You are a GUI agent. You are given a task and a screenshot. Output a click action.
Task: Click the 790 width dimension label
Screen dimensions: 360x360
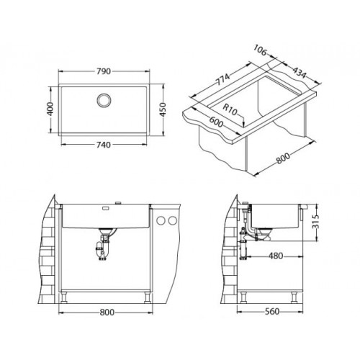tap(104, 71)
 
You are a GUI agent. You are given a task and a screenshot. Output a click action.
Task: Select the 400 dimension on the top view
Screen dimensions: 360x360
tap(50, 109)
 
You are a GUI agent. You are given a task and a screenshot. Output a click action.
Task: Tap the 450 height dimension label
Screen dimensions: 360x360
tap(163, 109)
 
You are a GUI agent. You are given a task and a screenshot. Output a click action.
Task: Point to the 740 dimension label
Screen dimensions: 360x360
tap(104, 145)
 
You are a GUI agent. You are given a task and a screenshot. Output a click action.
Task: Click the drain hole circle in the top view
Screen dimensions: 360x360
tap(104, 100)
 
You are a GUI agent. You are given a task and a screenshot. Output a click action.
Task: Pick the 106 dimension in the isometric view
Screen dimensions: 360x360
tap(260, 50)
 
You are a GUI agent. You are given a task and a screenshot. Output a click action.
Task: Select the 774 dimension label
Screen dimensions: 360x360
tap(223, 79)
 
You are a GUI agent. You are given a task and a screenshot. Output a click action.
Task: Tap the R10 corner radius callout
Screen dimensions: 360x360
tap(230, 109)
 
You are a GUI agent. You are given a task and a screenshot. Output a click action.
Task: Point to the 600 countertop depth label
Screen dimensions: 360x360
tap(216, 122)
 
